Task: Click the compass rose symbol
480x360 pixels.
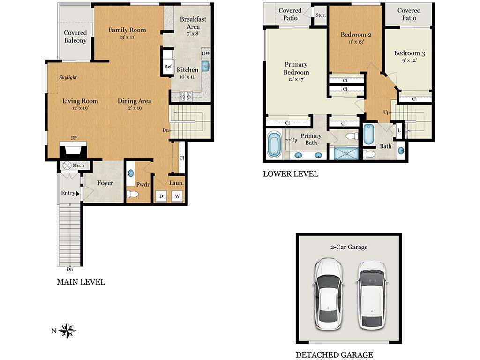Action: coord(67,330)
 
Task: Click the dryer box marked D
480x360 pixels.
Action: coord(161,196)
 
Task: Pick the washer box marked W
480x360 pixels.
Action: coord(177,196)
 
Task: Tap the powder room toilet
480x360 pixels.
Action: coord(131,195)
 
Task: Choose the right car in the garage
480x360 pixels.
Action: coord(371,294)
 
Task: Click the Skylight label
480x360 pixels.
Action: coord(68,77)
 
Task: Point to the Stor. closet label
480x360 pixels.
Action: coord(320,15)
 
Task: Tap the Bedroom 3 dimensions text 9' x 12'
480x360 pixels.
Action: coord(409,60)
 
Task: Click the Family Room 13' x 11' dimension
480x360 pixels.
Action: coord(127,37)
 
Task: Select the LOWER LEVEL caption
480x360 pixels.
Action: coord(290,174)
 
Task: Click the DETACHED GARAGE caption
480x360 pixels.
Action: coord(334,355)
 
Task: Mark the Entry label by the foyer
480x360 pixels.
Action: coord(68,193)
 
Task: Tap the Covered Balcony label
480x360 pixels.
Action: coord(75,37)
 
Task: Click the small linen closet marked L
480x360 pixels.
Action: coord(399,130)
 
